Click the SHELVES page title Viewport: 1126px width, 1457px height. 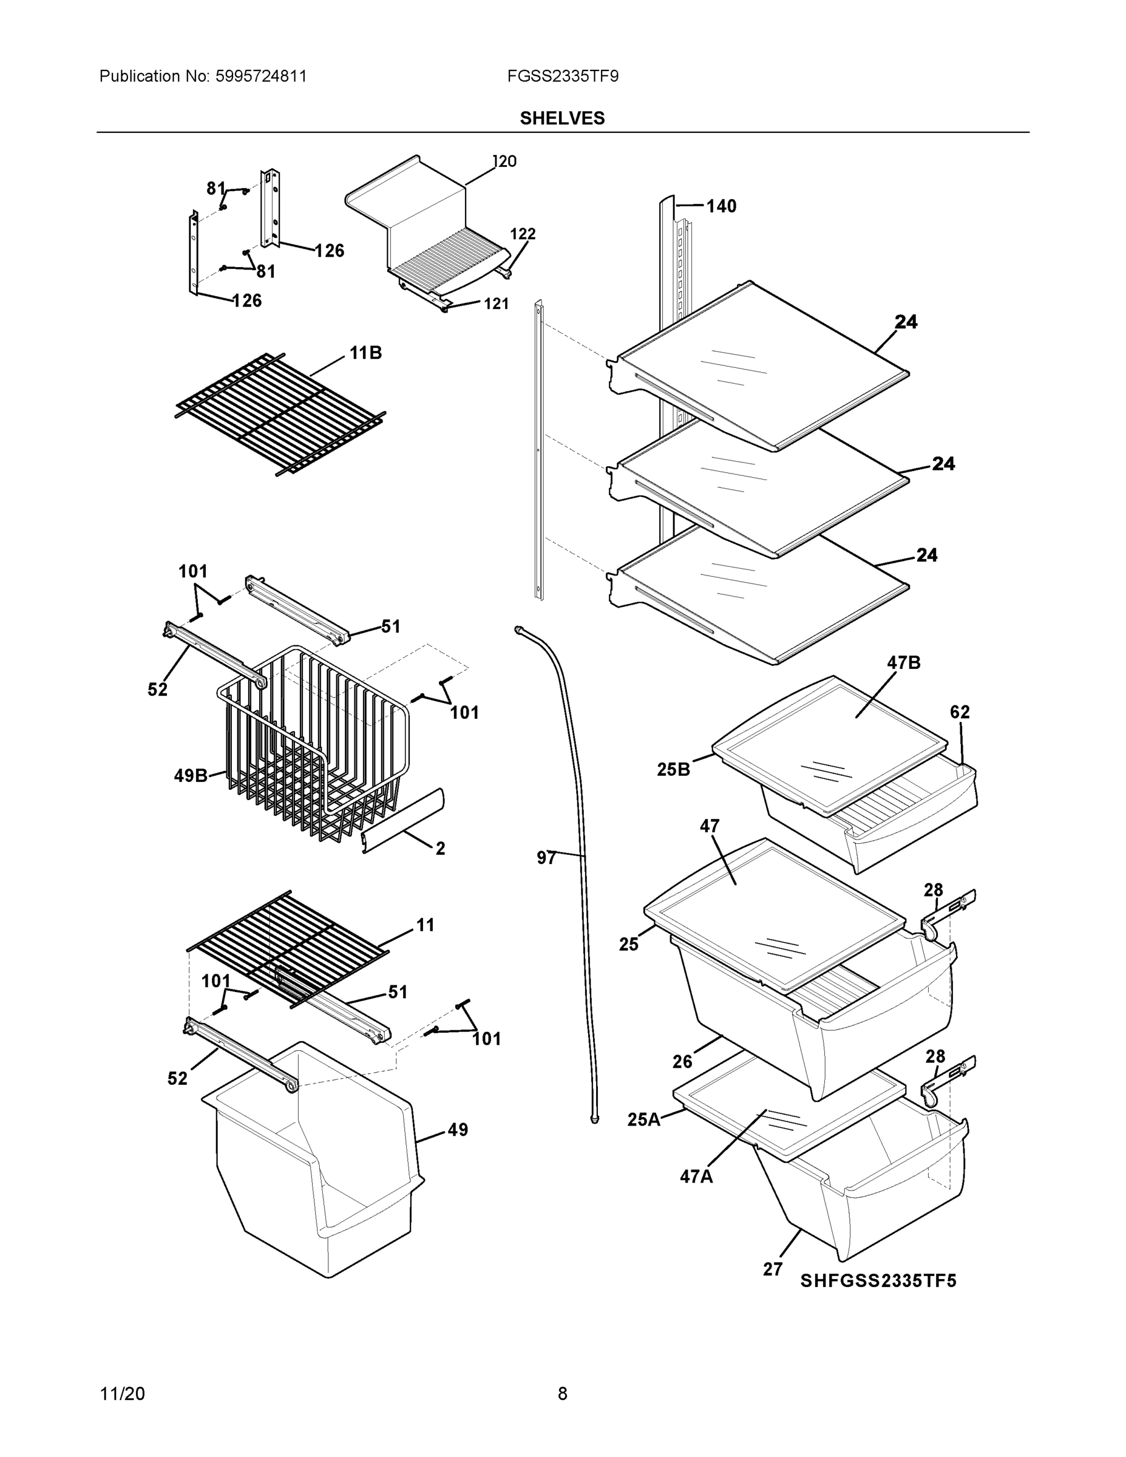coord(561,118)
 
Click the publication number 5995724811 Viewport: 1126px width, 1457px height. coord(261,76)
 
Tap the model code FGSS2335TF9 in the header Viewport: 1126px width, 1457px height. coord(562,76)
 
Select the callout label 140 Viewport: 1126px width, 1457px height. coord(721,206)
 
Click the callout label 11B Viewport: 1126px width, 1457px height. coord(365,353)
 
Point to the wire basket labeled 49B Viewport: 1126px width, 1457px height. coord(313,747)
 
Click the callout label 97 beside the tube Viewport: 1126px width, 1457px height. coord(546,858)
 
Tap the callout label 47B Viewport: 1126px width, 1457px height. coord(903,662)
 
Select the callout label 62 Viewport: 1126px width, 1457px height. coord(959,712)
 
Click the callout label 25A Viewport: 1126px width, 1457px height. coord(643,1119)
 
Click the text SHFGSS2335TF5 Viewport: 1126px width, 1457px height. coord(878,1281)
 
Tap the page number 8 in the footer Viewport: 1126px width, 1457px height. coord(562,1394)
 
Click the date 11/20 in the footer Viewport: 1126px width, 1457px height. coord(122,1394)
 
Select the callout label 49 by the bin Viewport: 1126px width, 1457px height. coord(457,1130)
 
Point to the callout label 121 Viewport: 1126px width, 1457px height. coord(496,304)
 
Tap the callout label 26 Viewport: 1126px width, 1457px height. coord(682,1061)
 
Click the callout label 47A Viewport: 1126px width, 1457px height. coord(696,1177)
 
